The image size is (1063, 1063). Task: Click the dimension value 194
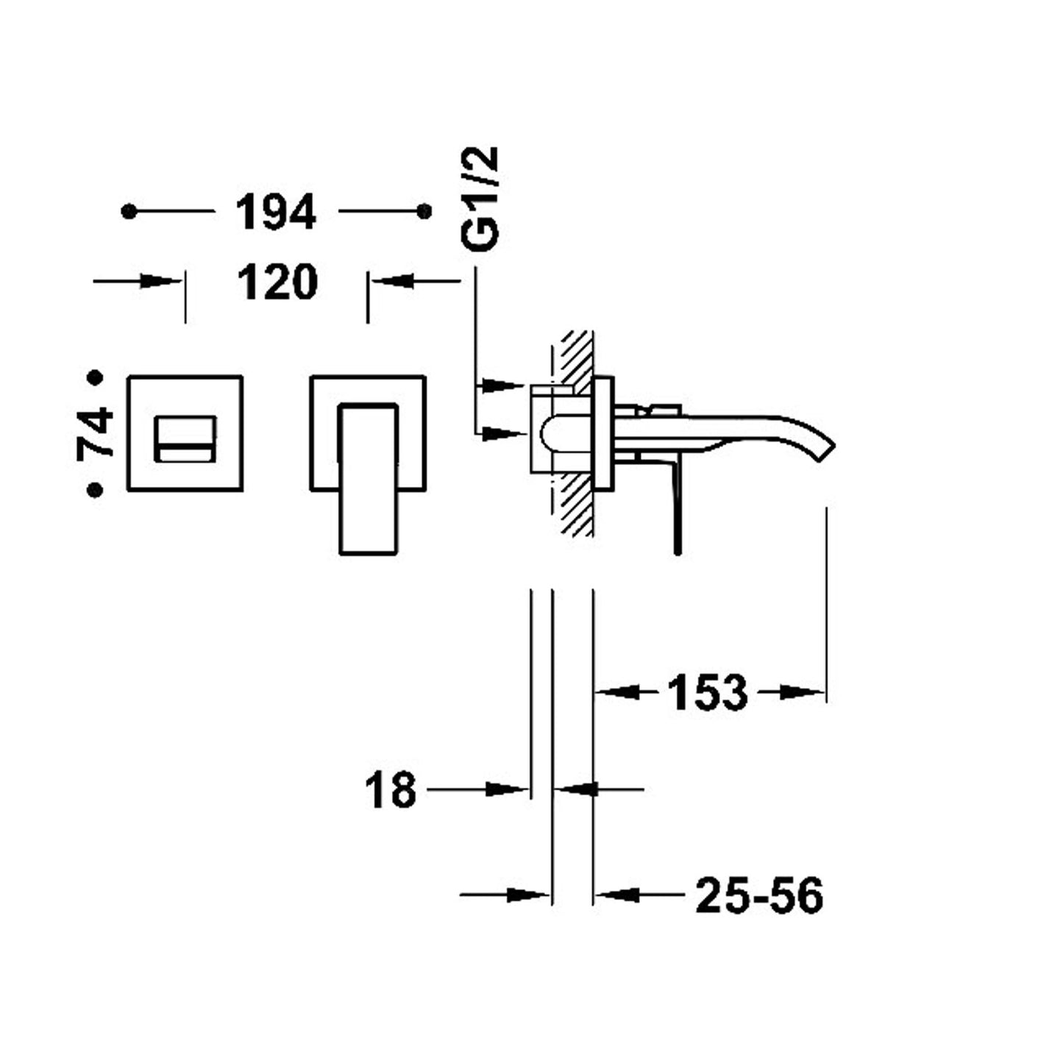coord(276,213)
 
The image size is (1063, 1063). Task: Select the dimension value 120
coord(277,282)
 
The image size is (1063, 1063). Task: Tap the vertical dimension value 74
coord(96,433)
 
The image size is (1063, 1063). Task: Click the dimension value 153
coord(707,693)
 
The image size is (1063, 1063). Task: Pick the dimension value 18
coord(391,791)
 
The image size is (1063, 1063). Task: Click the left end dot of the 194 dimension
coord(129,212)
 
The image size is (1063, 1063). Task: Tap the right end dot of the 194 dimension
coord(424,212)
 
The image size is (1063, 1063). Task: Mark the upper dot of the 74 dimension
coord(95,378)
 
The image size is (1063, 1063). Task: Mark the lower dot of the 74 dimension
coord(95,489)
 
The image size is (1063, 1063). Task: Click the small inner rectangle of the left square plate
coord(185,439)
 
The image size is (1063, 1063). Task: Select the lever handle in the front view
coord(368,478)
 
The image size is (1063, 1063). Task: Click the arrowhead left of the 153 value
coord(616,692)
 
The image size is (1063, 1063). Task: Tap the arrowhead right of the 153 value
coord(800,692)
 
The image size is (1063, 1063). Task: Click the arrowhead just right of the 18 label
coord(508,790)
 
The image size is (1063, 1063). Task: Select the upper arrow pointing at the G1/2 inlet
coord(502,385)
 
